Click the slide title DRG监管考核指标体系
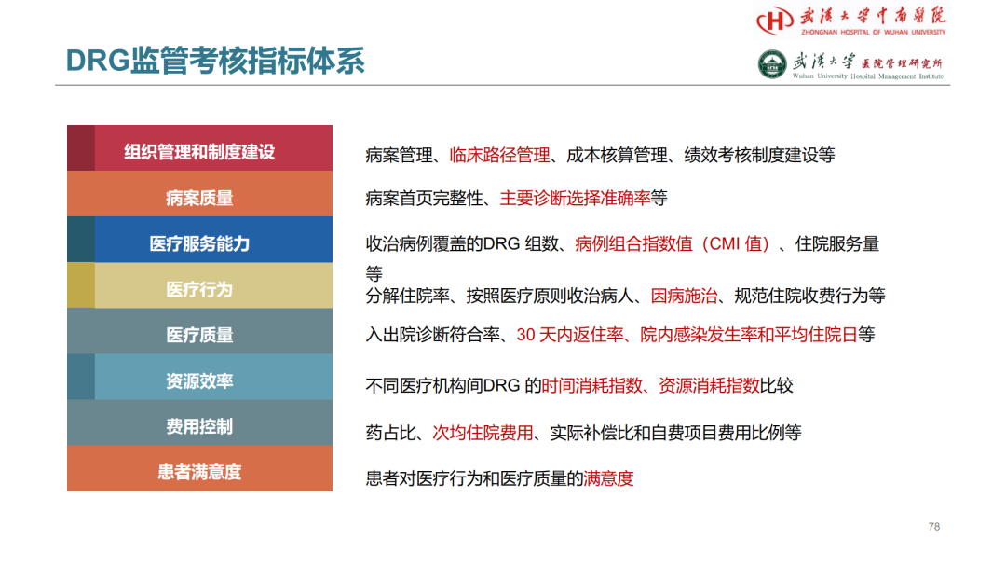(x=215, y=61)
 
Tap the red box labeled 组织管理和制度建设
(x=199, y=147)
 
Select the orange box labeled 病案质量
(x=199, y=194)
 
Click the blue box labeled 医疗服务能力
(x=199, y=240)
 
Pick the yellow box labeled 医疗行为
(x=199, y=285)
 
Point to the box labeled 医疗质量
(x=199, y=331)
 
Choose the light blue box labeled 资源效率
(x=199, y=377)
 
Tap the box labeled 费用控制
(x=199, y=422)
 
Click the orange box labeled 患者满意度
(x=199, y=469)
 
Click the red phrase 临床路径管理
(x=500, y=156)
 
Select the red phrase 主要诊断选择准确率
(x=575, y=198)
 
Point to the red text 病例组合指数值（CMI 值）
(x=673, y=244)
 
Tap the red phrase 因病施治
(x=684, y=296)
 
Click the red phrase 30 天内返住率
(x=570, y=335)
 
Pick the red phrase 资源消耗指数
(x=709, y=385)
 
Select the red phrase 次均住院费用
(x=483, y=433)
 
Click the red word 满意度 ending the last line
(x=608, y=478)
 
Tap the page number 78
(x=934, y=527)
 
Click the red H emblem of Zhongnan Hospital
(x=775, y=20)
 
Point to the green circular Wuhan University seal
(x=772, y=65)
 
